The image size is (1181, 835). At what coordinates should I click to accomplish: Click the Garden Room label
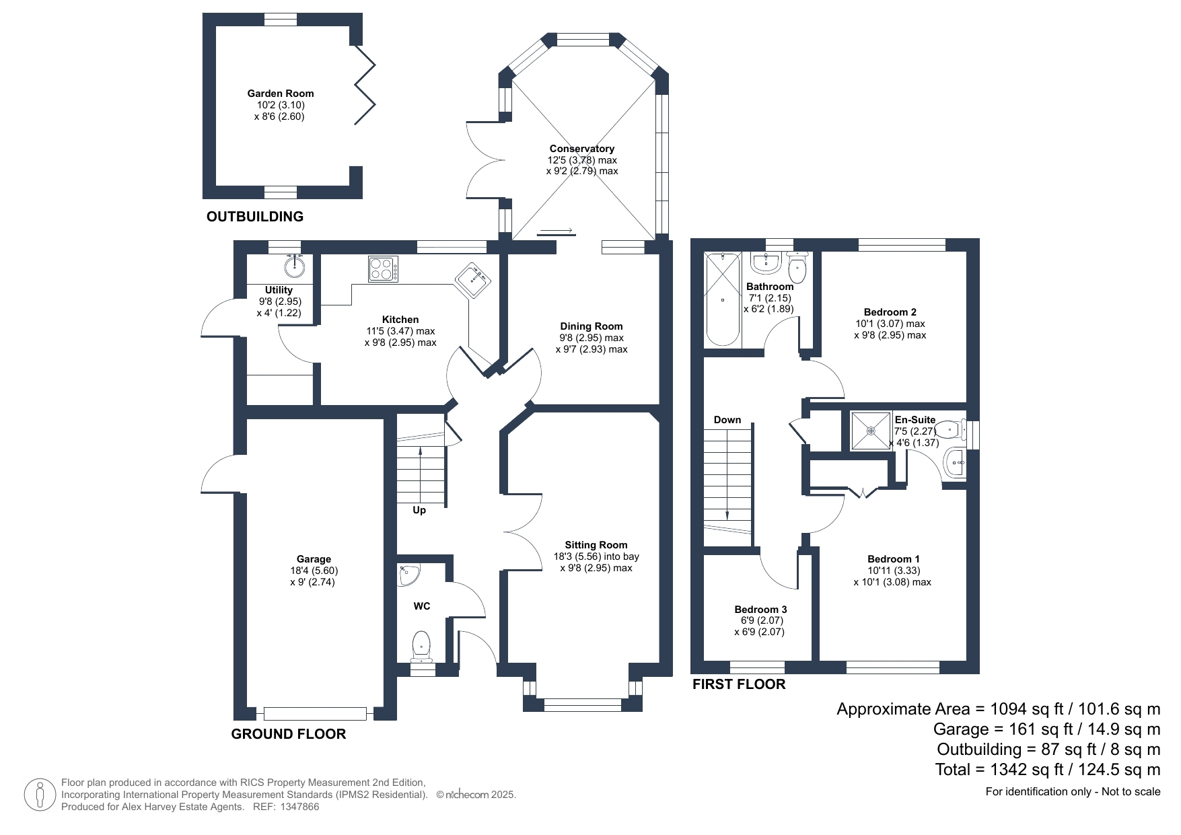pyautogui.click(x=280, y=94)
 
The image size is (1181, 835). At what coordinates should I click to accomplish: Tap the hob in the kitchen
pyautogui.click(x=384, y=269)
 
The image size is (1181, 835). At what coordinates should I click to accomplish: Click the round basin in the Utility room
pyautogui.click(x=295, y=266)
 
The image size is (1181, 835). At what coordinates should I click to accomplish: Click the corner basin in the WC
pyautogui.click(x=408, y=575)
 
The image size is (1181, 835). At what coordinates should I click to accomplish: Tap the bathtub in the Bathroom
pyautogui.click(x=723, y=300)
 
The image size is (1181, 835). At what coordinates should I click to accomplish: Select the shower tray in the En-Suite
pyautogui.click(x=871, y=431)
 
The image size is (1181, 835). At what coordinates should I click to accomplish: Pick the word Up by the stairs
pyautogui.click(x=419, y=510)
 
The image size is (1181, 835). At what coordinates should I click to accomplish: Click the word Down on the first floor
pyautogui.click(x=727, y=420)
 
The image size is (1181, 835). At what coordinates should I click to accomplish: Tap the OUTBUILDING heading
pyautogui.click(x=255, y=217)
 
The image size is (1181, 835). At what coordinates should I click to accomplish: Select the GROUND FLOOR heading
pyautogui.click(x=289, y=734)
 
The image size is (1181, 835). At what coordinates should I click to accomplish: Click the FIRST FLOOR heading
pyautogui.click(x=739, y=684)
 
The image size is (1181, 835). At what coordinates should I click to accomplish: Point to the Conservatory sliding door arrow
pyautogui.click(x=555, y=232)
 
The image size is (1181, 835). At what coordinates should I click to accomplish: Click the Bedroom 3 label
pyautogui.click(x=760, y=610)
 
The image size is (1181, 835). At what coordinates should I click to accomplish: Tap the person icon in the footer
pyautogui.click(x=40, y=795)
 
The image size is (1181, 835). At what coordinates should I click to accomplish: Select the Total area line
pyautogui.click(x=1048, y=770)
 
